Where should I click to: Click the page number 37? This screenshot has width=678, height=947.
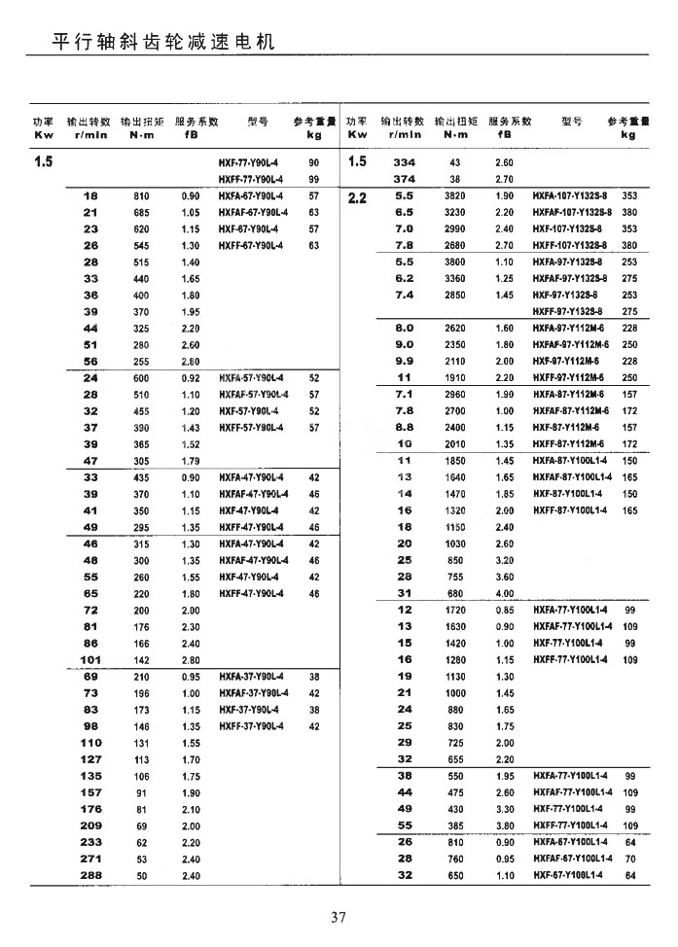click(339, 916)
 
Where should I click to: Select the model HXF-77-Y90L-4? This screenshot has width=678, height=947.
click(251, 162)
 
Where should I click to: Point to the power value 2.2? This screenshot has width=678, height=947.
click(357, 196)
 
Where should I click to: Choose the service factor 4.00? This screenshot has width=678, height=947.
click(504, 593)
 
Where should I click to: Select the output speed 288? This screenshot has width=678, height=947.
click(90, 875)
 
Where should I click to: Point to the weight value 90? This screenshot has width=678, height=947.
click(313, 162)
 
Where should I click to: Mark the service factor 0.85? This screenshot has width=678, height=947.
click(504, 610)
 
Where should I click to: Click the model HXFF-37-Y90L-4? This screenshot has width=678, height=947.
click(251, 725)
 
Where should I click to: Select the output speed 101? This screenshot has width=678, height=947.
click(90, 659)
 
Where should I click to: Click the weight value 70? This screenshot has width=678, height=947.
click(629, 859)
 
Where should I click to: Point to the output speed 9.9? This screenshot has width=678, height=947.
click(405, 361)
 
